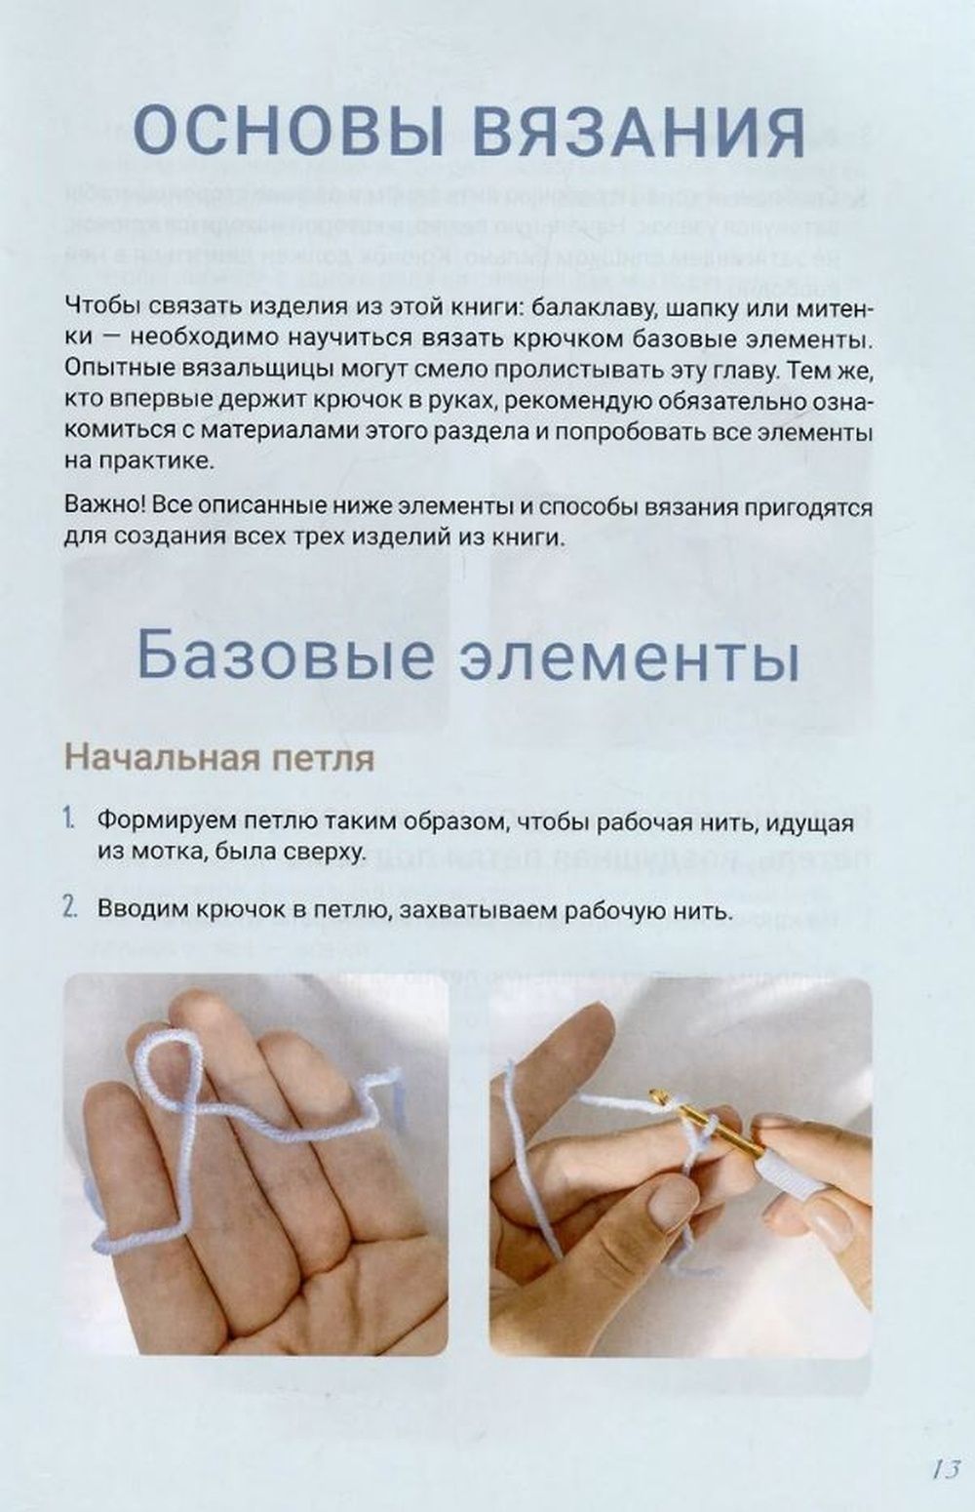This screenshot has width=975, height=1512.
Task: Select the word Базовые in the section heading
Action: [x=285, y=657]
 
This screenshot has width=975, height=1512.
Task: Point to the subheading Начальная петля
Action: [x=219, y=759]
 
